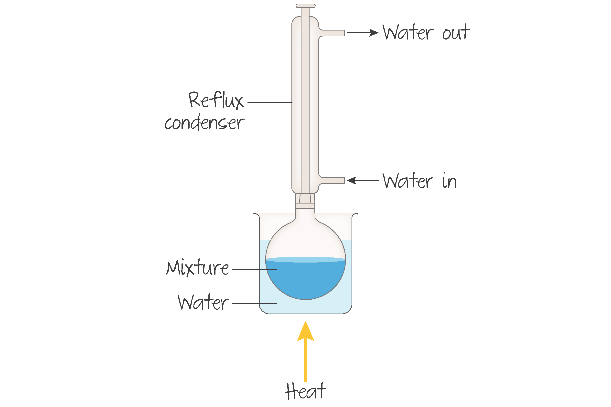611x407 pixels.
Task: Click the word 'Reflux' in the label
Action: tap(216, 100)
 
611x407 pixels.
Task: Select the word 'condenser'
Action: tap(204, 122)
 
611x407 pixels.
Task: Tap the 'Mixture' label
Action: tap(197, 268)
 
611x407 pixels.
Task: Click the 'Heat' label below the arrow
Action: tap(305, 391)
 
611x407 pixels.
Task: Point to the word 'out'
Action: tap(456, 33)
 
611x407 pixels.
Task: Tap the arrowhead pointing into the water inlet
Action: tap(351, 180)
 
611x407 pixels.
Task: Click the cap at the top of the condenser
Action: tap(306, 6)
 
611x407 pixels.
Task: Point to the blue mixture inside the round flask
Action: tap(306, 280)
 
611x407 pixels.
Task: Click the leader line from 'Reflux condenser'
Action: tap(270, 102)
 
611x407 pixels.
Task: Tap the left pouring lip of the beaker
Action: tap(257, 214)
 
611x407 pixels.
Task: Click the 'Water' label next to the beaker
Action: tap(203, 303)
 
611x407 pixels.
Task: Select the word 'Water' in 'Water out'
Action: tap(408, 33)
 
